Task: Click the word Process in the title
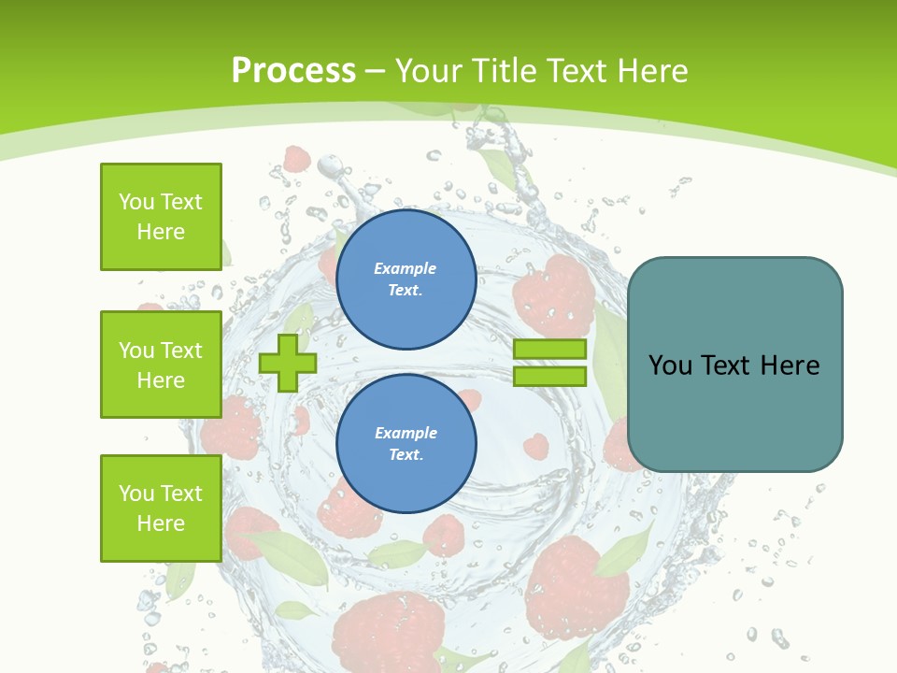[x=293, y=71]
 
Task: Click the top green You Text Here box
[x=161, y=217]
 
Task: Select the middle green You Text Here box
[x=161, y=365]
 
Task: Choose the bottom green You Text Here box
[x=161, y=508]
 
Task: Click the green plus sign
[x=288, y=363]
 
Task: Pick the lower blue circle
[x=406, y=444]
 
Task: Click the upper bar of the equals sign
[x=549, y=350]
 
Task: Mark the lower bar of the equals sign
[x=549, y=377]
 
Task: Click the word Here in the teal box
[x=790, y=365]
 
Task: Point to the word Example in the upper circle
[x=405, y=268]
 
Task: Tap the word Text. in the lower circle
[x=406, y=455]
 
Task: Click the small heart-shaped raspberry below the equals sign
[x=535, y=446]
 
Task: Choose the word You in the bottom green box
[x=135, y=494]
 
